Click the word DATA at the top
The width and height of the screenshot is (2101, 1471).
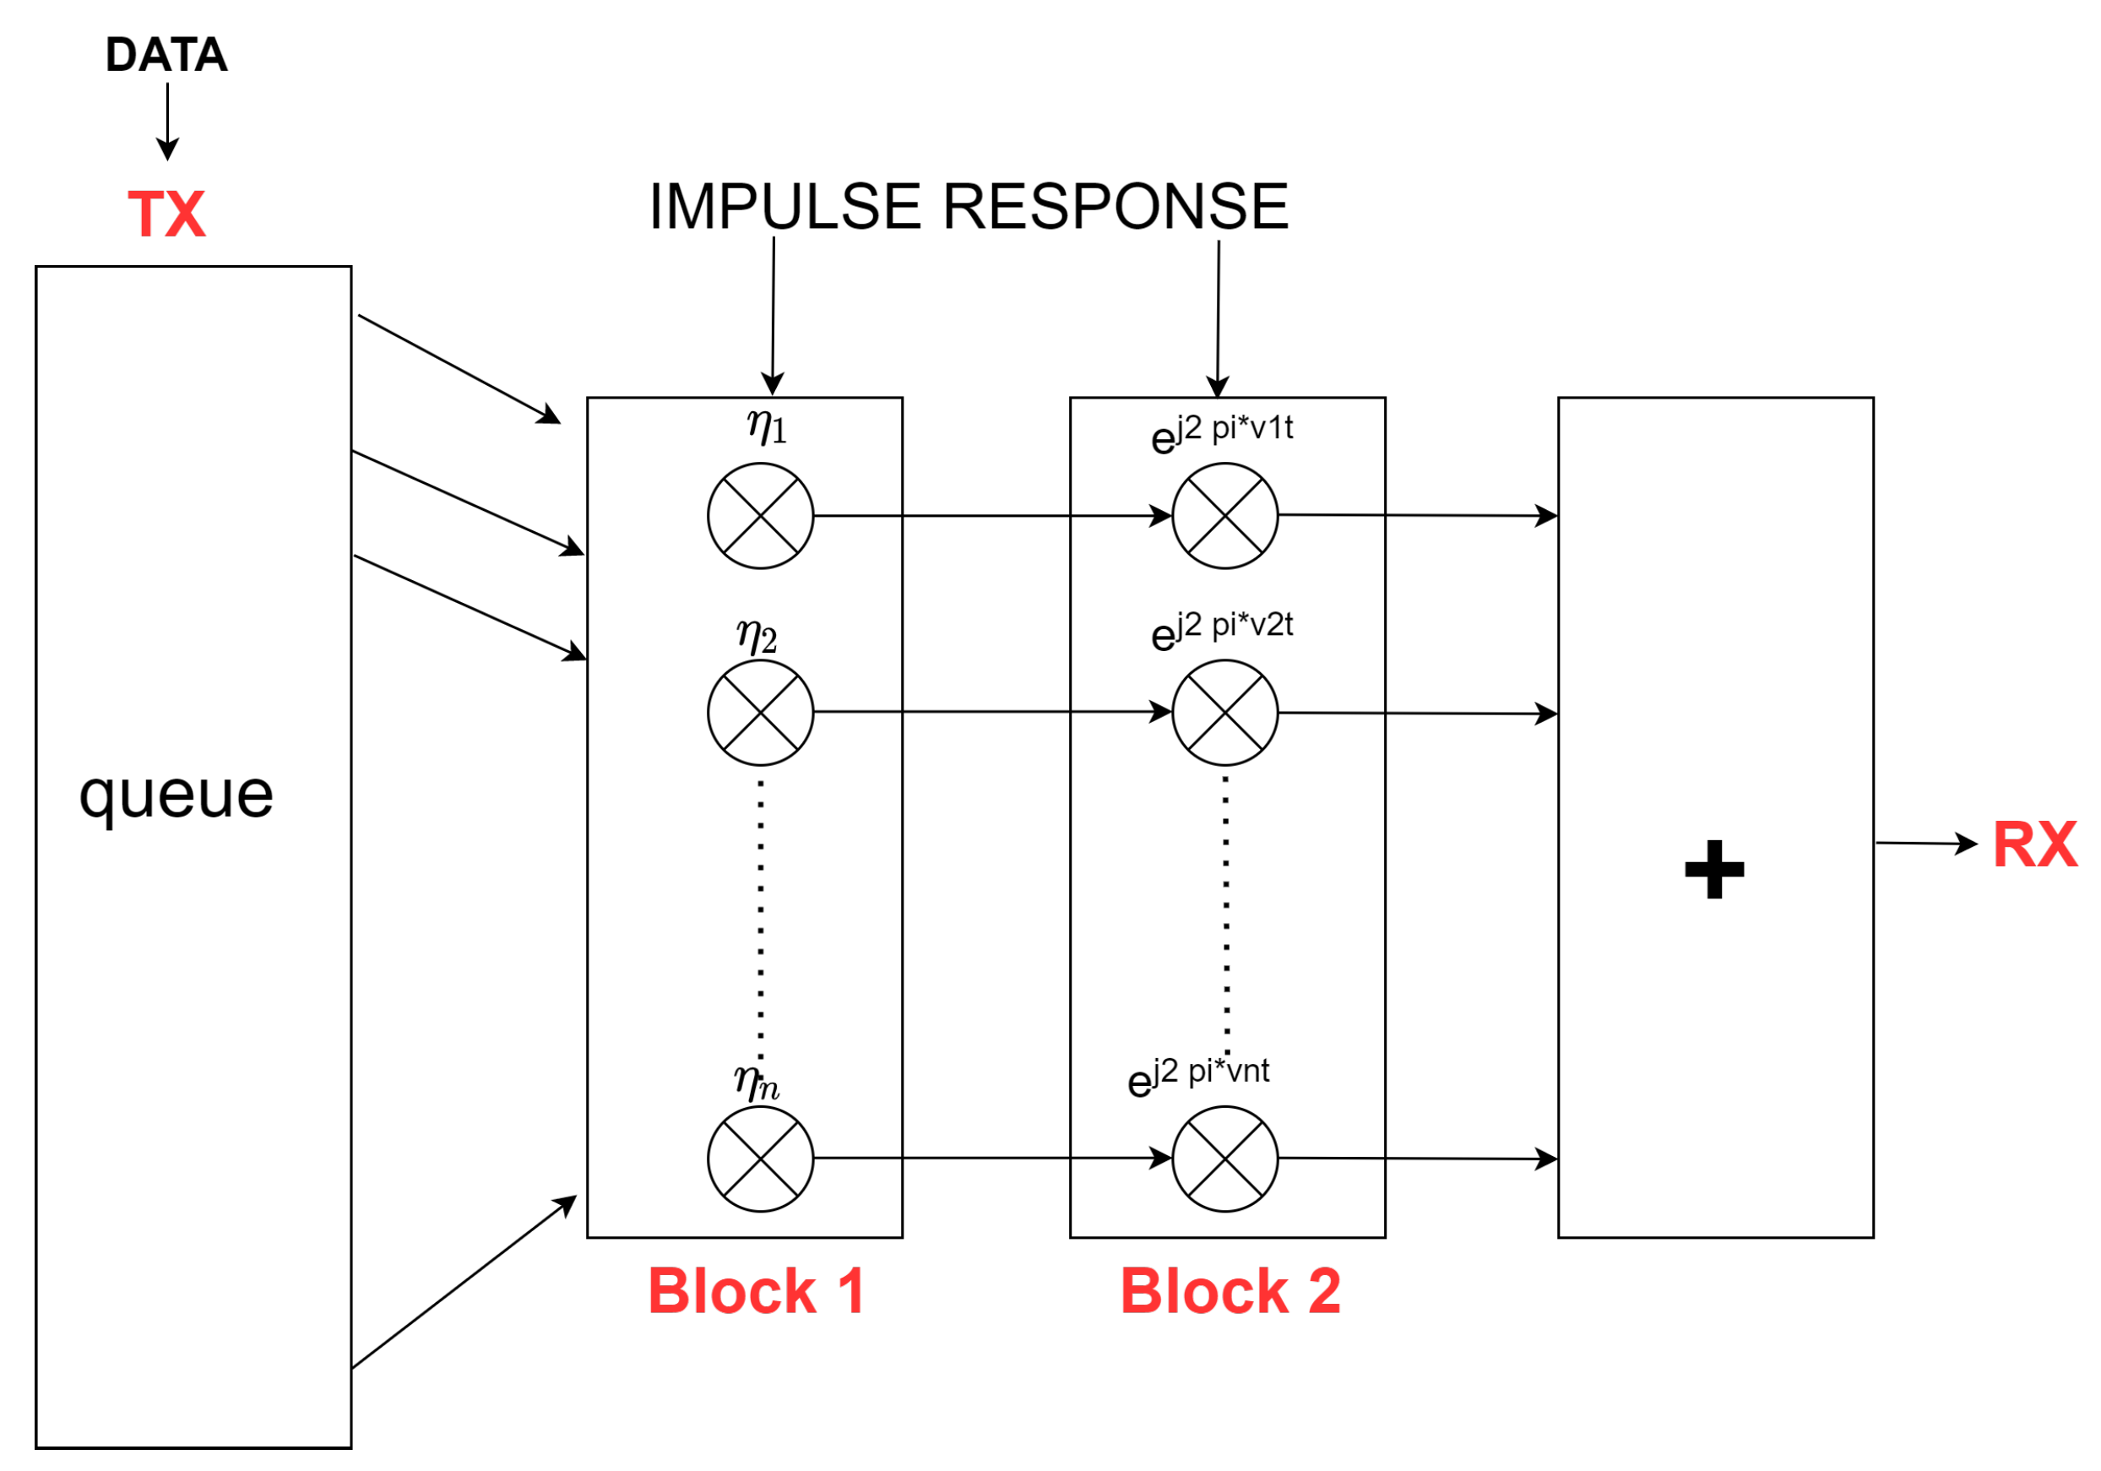166,55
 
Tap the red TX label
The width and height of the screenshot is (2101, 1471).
166,215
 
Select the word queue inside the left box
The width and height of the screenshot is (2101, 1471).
176,794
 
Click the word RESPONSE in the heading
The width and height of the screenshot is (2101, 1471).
1116,206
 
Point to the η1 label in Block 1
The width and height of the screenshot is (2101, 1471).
766,427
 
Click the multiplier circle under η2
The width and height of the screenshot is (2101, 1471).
760,713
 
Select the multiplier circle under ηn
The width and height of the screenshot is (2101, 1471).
760,1159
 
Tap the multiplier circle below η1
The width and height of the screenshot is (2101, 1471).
760,516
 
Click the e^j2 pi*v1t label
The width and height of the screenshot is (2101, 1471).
1222,432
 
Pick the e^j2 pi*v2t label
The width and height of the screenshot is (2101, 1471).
1222,629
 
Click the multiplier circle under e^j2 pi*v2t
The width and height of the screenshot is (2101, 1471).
1225,713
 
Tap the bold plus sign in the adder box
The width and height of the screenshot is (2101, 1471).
1714,869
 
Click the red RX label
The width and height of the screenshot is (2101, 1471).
2034,844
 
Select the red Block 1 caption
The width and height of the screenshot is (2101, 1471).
757,1292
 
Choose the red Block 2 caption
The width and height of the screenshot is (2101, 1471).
1230,1292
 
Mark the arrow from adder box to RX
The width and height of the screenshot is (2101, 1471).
1925,844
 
